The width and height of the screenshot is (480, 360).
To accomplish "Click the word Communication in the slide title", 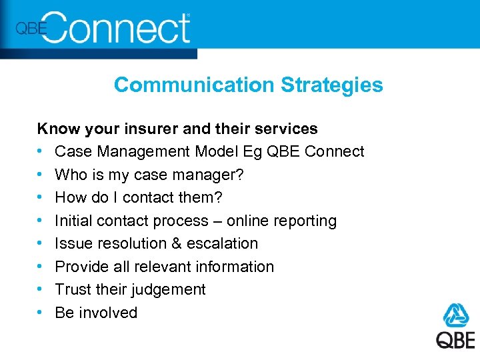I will (x=194, y=85).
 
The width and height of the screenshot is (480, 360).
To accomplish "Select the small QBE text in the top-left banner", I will (x=30, y=28).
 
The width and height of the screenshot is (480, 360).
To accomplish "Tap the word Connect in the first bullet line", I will (x=334, y=151).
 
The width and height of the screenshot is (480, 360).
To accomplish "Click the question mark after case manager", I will (x=240, y=175).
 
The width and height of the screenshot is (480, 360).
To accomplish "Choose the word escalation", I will (x=223, y=243).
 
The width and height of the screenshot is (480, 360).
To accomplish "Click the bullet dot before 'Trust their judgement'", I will (x=41, y=290).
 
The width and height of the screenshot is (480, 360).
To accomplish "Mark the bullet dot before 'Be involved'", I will (x=41, y=313).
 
